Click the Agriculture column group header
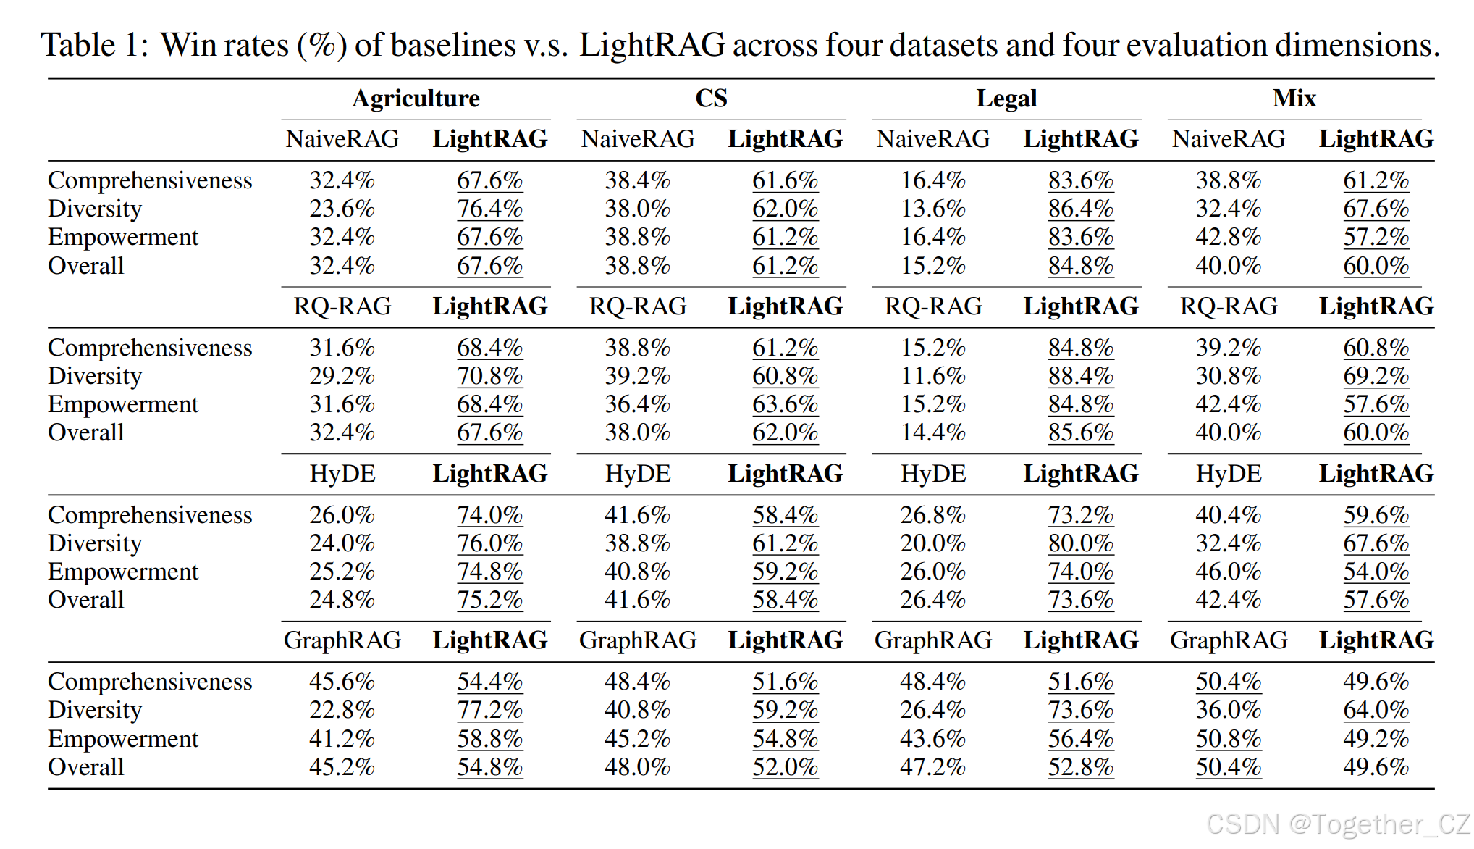416,99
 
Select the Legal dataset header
1006,99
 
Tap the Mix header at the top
1294,99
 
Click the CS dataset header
711,99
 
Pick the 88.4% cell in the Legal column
1080,376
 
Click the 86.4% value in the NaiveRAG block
1080,209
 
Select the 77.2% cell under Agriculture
489,710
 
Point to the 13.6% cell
932,209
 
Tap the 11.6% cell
932,376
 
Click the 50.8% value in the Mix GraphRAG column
1228,739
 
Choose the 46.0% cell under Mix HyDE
1228,572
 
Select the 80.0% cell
1080,543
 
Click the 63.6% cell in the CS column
785,404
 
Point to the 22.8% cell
342,710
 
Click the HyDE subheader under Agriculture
342,474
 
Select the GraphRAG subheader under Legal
932,640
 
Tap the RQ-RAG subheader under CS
638,306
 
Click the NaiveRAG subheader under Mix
1229,139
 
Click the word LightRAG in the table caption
652,45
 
